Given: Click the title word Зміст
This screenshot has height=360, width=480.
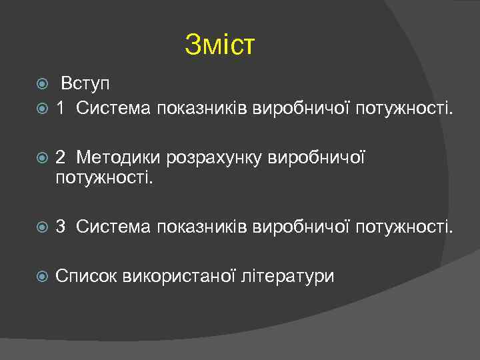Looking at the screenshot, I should click(220, 45).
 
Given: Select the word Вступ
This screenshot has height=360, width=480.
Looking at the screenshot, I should click(85, 85).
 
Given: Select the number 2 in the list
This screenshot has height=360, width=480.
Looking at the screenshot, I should click(61, 157).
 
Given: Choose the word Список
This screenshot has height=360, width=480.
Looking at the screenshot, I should click(87, 276).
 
